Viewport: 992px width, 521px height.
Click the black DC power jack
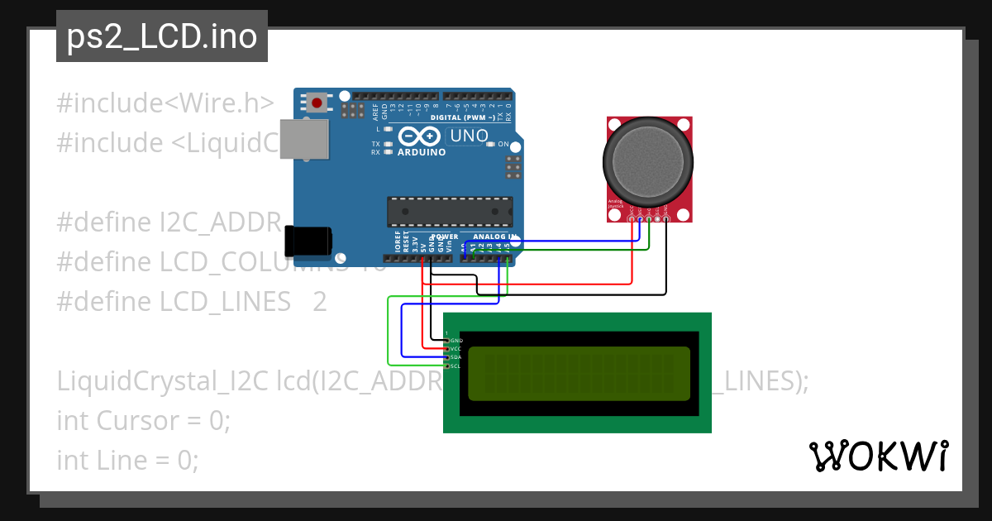pos(308,241)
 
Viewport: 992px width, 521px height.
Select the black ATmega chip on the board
pos(450,212)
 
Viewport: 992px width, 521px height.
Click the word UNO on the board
pos(468,136)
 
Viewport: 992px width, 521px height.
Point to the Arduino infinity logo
pos(421,136)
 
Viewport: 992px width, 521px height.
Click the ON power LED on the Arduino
pos(491,144)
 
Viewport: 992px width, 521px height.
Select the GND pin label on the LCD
pos(456,341)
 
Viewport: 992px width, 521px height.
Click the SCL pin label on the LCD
pos(455,366)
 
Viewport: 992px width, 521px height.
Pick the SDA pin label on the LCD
pos(455,357)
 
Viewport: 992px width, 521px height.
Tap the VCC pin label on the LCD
pos(455,349)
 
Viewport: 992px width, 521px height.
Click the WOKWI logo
pos(878,456)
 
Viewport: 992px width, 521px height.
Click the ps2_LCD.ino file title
pos(162,37)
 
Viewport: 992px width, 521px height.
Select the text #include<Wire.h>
pos(165,103)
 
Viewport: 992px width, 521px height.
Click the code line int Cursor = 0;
pos(144,420)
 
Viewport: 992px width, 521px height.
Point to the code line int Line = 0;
pos(127,460)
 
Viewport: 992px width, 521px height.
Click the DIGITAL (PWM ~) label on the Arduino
pos(463,118)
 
